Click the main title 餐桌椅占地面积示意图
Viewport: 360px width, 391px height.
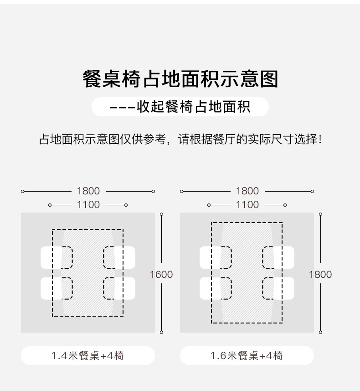tap(180, 79)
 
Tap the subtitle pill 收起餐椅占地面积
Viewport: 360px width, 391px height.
tap(180, 107)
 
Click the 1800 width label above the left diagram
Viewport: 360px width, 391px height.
tap(88, 191)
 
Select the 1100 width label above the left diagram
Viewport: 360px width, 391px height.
tap(88, 205)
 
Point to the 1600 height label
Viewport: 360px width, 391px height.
tap(161, 275)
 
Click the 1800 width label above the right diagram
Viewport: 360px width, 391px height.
tap(247, 191)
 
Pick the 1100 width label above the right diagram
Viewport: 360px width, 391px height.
tap(247, 205)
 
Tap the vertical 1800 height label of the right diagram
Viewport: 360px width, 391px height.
tap(320, 275)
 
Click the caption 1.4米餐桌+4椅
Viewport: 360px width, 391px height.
tap(87, 355)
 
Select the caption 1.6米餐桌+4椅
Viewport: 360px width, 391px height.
tap(247, 355)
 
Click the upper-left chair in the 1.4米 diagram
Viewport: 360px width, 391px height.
tap(57, 258)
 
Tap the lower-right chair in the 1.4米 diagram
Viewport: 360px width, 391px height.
tap(119, 288)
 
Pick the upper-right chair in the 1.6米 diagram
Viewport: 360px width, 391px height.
tap(278, 258)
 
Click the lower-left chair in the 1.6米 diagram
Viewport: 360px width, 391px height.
tap(216, 288)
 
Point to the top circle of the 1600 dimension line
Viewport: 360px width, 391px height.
tap(161, 214)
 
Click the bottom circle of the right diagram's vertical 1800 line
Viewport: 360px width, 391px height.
tap(321, 332)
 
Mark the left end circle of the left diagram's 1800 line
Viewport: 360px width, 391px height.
tap(23, 191)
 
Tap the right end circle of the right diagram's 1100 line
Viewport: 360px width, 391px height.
tap(285, 205)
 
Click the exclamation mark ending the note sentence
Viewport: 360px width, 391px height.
tap(320, 139)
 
